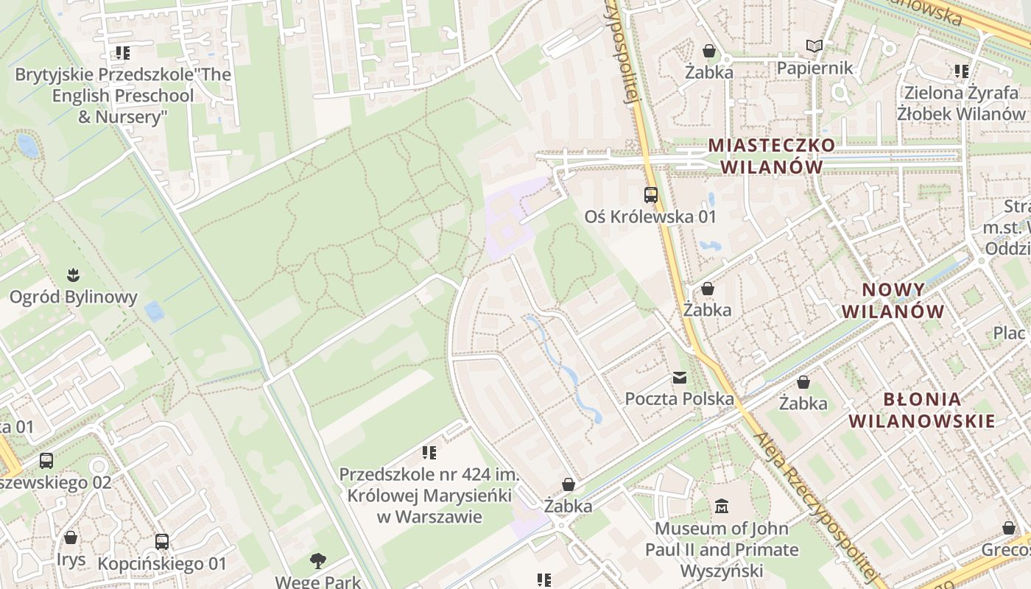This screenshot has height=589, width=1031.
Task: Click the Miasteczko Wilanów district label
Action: point(772,155)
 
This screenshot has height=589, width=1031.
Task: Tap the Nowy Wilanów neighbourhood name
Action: point(893,300)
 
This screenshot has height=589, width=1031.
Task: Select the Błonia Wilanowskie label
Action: point(922,410)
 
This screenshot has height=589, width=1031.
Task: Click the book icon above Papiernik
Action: point(814,47)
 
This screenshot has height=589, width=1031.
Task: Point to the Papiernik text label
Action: point(814,68)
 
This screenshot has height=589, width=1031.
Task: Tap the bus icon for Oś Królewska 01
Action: point(651,195)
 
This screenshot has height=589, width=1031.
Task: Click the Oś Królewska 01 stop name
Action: point(650,216)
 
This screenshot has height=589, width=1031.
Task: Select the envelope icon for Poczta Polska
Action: point(679,378)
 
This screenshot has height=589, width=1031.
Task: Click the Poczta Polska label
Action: point(679,399)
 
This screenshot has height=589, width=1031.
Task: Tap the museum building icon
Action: point(722,507)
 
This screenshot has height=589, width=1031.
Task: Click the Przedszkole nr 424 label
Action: point(429,495)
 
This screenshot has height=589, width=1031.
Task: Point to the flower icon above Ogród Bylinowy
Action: point(73,276)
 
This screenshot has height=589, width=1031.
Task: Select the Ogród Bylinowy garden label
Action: point(73,297)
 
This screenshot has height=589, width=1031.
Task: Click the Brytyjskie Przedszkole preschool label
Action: point(123,96)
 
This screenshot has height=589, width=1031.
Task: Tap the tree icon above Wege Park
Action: point(318,561)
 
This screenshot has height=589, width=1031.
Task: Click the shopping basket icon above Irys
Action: point(71,538)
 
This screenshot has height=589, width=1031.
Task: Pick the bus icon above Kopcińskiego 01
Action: point(162,543)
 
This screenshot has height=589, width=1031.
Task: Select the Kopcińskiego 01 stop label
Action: point(162,565)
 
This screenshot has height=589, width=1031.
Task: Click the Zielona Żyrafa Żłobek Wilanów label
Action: point(961,103)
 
